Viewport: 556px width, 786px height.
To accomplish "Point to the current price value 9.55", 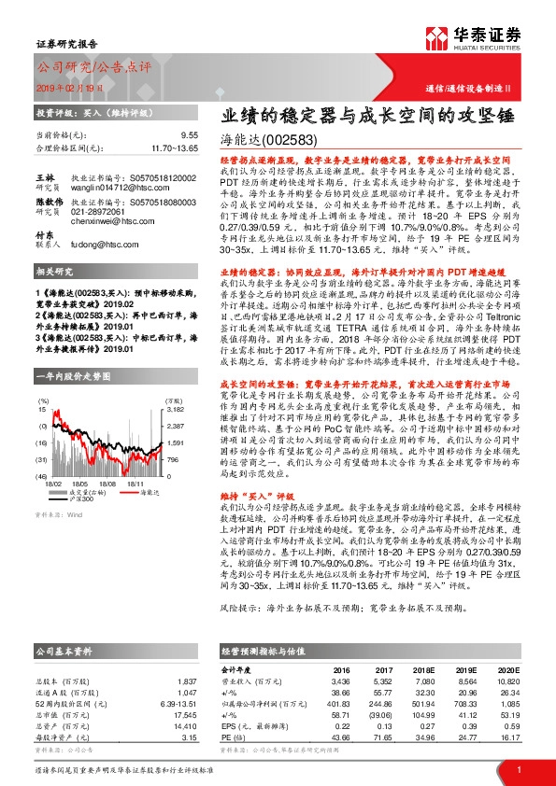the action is (x=189, y=135).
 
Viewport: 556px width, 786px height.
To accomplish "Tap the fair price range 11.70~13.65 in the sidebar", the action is (x=173, y=147).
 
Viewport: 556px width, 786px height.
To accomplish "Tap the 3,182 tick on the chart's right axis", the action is (x=174, y=383).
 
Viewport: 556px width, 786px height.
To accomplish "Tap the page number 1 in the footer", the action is (x=518, y=769).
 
